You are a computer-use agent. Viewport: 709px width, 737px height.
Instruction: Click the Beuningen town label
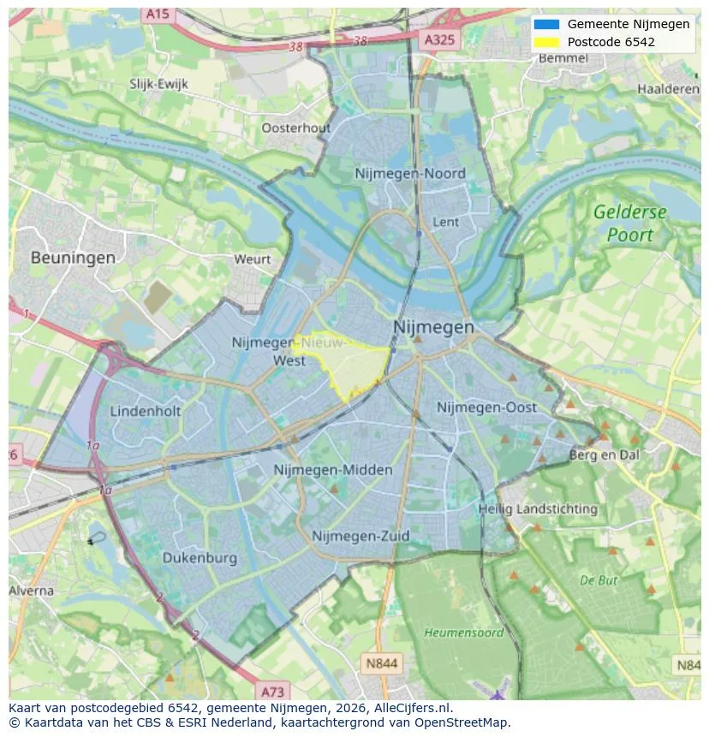click(x=73, y=257)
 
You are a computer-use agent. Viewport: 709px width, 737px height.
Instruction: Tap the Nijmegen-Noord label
click(x=410, y=174)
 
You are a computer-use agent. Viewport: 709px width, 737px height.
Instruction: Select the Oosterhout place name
click(x=295, y=128)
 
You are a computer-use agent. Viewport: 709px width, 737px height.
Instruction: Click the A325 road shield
click(x=441, y=40)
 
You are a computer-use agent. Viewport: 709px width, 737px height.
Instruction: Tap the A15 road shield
click(x=157, y=15)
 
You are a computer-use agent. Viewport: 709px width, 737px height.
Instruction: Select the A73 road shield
click(x=272, y=691)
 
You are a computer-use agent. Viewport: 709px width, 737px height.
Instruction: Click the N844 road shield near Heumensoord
click(x=381, y=663)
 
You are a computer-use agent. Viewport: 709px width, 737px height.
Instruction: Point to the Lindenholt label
click(x=146, y=411)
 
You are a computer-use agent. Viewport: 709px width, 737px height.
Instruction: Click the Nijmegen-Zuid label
click(x=360, y=536)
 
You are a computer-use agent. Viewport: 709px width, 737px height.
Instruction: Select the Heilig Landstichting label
click(x=538, y=508)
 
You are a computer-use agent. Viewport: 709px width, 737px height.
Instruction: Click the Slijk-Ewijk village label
click(x=158, y=84)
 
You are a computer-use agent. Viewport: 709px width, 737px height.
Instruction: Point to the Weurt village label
click(x=252, y=259)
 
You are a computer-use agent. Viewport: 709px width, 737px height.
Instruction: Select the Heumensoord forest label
click(x=463, y=633)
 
